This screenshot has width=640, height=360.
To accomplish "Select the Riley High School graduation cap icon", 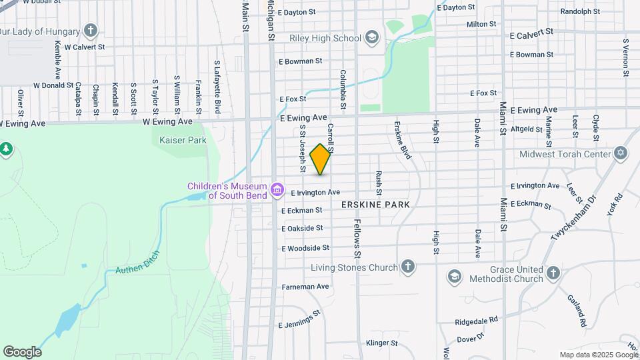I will [x=371, y=37].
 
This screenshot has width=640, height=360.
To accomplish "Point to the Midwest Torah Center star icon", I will [x=621, y=153].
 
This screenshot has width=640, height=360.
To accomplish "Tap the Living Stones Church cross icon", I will [x=408, y=267].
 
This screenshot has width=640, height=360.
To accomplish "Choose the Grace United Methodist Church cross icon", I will [x=553, y=273].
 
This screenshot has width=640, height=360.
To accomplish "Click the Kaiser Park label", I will [x=183, y=140].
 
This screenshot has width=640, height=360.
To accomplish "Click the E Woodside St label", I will [x=305, y=248].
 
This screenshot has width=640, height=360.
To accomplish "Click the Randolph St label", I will [x=580, y=11].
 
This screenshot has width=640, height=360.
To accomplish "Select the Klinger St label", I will [x=382, y=344].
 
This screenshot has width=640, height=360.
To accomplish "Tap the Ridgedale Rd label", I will [x=477, y=321].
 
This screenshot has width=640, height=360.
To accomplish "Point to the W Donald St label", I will [x=53, y=85].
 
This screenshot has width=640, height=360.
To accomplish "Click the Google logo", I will [x=22, y=352].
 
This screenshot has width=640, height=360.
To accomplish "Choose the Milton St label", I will [x=481, y=24].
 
